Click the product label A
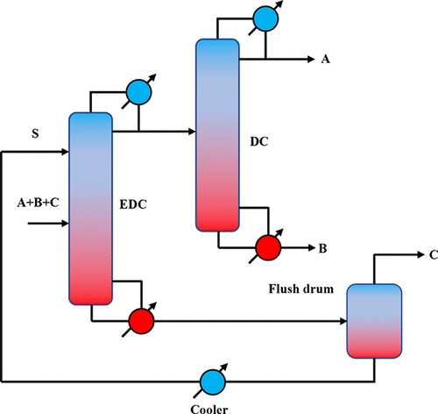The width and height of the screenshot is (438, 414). pos(326,60)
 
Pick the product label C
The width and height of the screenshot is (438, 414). pos(433,255)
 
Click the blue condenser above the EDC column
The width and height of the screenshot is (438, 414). pos(138,91)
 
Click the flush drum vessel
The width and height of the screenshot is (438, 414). pos(374,320)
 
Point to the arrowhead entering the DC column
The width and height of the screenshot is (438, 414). pos(189,132)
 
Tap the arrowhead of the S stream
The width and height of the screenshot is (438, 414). pos(63,152)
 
